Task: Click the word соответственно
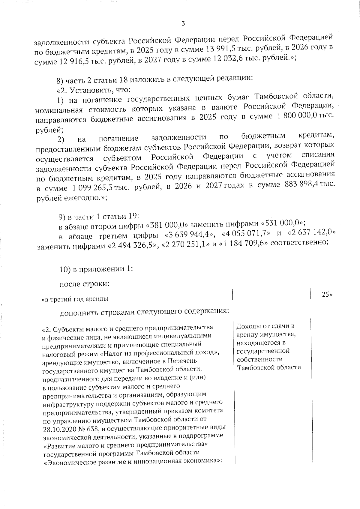coord(298,242)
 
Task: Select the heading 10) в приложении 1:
coord(96,269)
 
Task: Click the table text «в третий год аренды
coord(75,299)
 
